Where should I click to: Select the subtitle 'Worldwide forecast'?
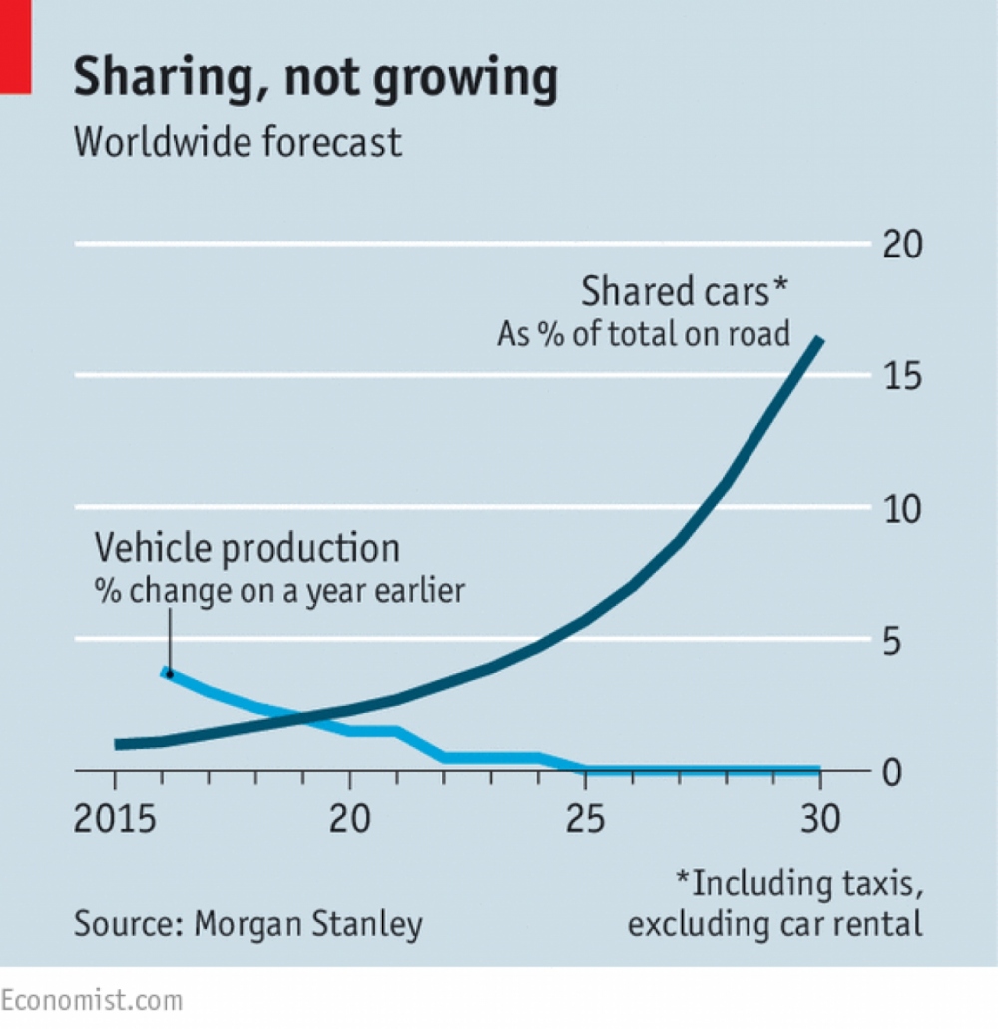tap(239, 142)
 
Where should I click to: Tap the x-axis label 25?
tap(585, 822)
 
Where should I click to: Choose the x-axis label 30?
tap(819, 822)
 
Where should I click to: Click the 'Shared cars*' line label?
tap(686, 293)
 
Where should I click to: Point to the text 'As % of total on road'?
tap(644, 334)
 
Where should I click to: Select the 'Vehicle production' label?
tap(248, 548)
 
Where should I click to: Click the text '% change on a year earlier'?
tap(279, 590)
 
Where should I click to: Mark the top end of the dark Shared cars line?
tap(819, 341)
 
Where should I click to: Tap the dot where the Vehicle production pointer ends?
tap(169, 673)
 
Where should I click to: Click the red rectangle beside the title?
tap(15, 47)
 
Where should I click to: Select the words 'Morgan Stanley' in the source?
tap(308, 923)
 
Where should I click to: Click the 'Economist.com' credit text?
tap(92, 1000)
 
